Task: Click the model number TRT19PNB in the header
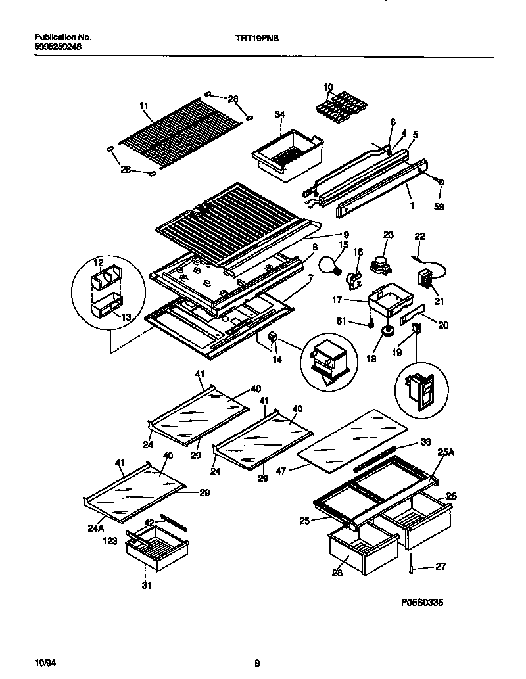(261, 38)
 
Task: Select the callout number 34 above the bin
(279, 115)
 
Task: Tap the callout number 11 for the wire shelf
(144, 105)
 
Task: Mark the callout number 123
(110, 541)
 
